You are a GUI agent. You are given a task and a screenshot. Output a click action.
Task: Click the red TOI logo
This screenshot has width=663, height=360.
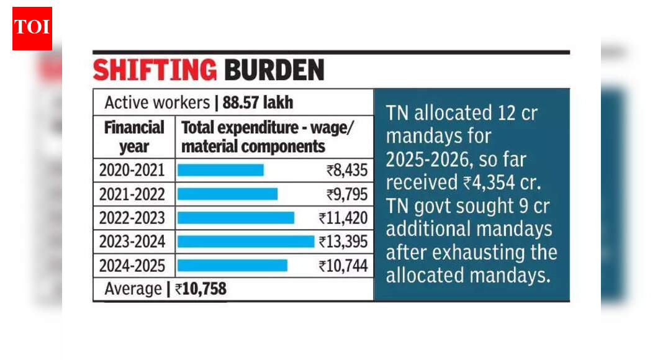(32, 27)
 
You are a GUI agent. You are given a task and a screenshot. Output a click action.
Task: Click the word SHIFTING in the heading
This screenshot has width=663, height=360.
(154, 70)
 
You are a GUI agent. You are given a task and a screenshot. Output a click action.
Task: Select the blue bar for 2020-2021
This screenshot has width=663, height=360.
(220, 169)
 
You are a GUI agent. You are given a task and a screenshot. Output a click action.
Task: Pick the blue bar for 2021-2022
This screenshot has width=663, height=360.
(227, 194)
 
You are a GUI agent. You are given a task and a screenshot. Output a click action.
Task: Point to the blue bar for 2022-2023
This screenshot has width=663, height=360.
(235, 218)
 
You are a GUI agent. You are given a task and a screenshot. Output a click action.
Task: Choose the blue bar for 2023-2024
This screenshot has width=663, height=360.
(246, 241)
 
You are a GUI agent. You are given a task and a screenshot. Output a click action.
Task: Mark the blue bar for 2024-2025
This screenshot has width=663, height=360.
(232, 266)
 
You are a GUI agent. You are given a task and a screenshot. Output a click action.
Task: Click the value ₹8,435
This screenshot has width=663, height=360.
(346, 170)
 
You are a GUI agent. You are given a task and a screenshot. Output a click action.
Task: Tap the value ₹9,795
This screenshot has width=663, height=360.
(346, 194)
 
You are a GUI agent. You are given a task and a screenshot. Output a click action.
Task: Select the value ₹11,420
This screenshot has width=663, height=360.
(343, 218)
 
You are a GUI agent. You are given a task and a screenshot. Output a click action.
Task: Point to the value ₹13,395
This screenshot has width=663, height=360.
(343, 242)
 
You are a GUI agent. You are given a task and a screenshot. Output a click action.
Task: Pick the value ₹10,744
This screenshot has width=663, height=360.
(343, 266)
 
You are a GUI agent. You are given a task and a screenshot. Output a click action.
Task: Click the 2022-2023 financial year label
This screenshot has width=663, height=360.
(132, 218)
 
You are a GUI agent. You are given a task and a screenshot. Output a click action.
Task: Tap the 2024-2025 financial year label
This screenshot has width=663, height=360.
(132, 266)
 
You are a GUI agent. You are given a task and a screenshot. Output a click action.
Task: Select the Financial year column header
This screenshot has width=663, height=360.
(134, 137)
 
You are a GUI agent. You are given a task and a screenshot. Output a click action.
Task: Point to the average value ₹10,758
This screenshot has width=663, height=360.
(200, 289)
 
